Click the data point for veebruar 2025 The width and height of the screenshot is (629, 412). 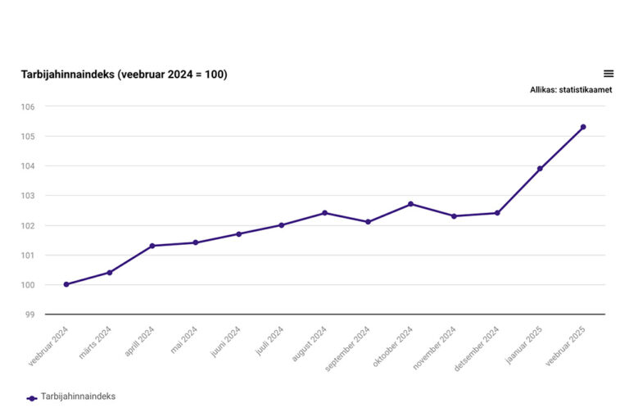583,127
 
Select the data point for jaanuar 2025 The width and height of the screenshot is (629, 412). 540,169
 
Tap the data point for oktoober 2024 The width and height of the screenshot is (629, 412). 410,204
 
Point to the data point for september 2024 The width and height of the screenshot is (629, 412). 368,222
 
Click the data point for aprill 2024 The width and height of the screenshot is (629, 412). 152,246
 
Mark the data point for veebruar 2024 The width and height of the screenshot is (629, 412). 66,284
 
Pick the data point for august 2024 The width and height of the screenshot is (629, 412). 324,213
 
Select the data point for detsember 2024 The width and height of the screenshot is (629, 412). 497,213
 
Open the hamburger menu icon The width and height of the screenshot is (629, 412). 609,74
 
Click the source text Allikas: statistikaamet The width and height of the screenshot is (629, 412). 571,90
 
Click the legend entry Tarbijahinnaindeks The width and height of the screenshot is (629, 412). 78,396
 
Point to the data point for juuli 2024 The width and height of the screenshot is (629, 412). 282,225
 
